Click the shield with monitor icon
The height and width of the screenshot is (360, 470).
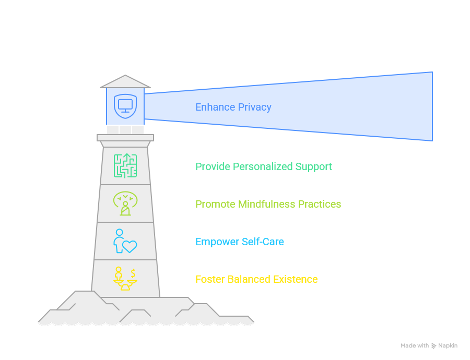click(x=125, y=106)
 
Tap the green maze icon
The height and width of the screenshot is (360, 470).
click(x=125, y=166)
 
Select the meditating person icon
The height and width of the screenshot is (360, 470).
click(x=125, y=203)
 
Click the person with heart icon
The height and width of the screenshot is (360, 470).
click(x=125, y=241)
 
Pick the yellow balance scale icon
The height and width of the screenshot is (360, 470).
click(x=125, y=279)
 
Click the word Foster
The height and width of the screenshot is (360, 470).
click(x=210, y=279)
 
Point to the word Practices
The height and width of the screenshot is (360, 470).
click(x=320, y=204)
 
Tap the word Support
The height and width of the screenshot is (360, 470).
click(x=314, y=167)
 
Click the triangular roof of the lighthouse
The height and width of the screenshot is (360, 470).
click(x=125, y=81)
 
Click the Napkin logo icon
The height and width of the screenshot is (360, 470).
click(x=434, y=345)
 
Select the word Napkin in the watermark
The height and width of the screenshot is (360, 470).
click(x=448, y=345)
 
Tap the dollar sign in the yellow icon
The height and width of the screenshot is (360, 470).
click(x=133, y=273)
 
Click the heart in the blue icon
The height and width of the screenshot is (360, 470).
click(x=130, y=246)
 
